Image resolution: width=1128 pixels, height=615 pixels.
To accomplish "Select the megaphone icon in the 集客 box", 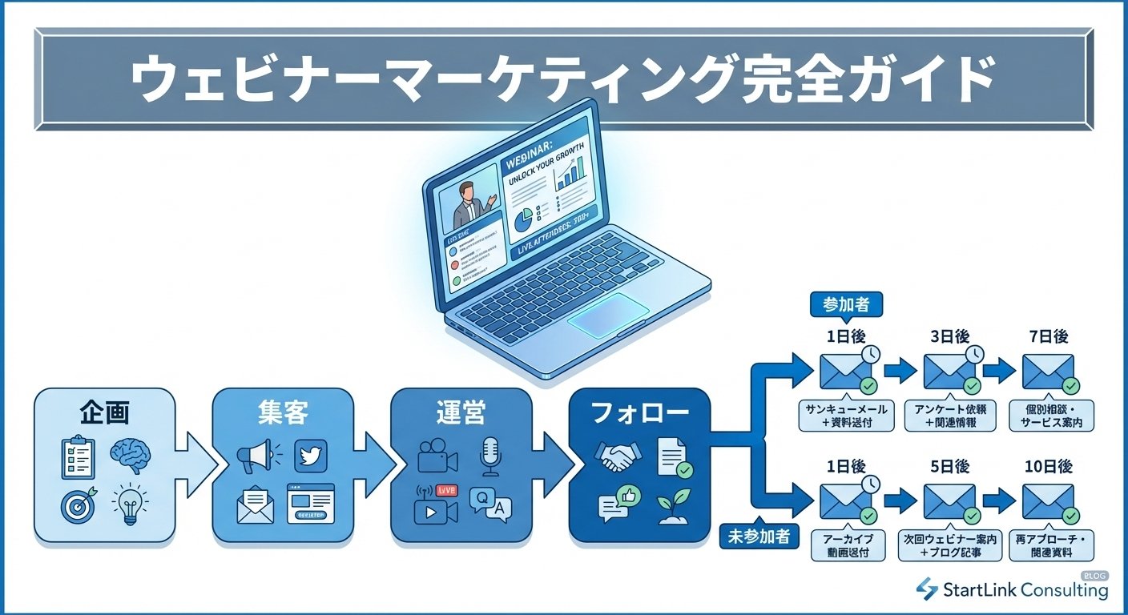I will [x=256, y=458].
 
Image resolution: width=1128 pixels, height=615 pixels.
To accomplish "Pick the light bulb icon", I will [x=131, y=504].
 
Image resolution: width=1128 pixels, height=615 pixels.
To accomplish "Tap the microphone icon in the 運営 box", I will [x=489, y=456].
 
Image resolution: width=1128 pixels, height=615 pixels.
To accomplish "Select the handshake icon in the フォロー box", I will [x=613, y=457].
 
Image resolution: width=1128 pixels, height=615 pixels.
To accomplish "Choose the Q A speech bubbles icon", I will [x=490, y=505].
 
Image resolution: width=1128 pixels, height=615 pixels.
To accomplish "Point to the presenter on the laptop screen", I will [x=467, y=204].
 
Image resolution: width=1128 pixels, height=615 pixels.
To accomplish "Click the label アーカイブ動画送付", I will [x=848, y=545].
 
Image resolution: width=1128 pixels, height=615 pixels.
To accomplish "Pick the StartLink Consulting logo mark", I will [x=927, y=589].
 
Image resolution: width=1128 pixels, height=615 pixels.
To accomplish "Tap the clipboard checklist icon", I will [x=79, y=456].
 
